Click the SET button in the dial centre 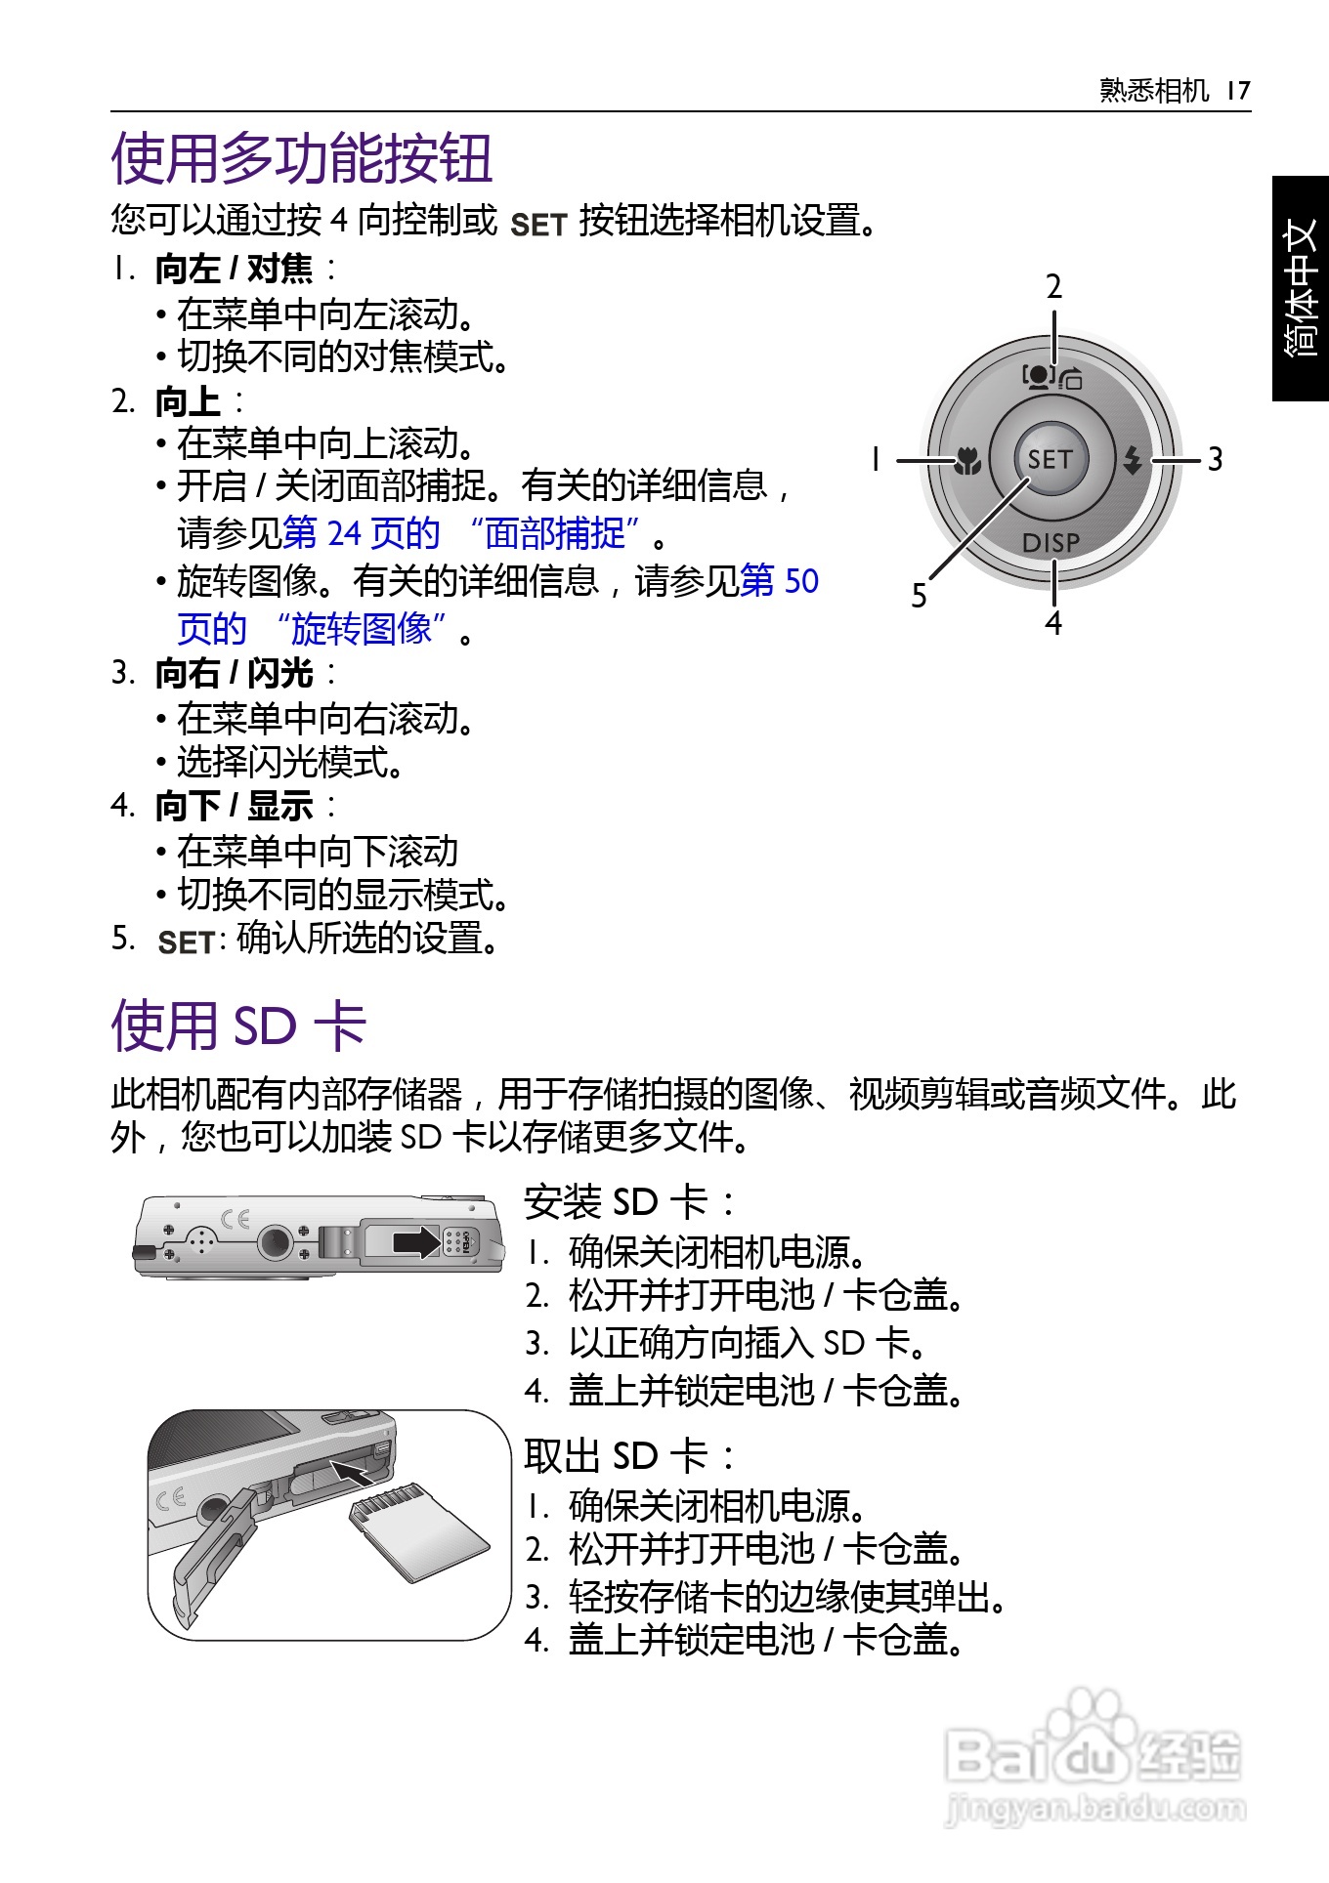(x=1051, y=458)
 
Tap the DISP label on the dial (x=1051, y=542)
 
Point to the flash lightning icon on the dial (x=1133, y=459)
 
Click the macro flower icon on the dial (x=967, y=459)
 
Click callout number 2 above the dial (x=1053, y=287)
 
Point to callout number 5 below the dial (x=919, y=596)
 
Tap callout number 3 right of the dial (x=1215, y=459)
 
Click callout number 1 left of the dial (x=876, y=459)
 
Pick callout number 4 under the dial (x=1053, y=622)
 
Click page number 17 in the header (x=1238, y=91)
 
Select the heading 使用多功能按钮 (x=301, y=158)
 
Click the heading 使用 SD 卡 (x=239, y=1025)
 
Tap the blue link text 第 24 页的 (x=361, y=533)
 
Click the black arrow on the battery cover (x=417, y=1241)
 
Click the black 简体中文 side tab (x=1301, y=288)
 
